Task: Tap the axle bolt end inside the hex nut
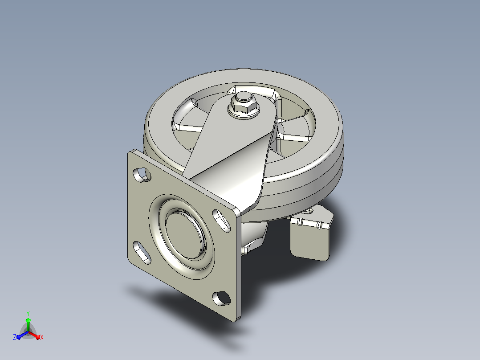(x=242, y=96)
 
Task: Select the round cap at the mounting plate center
(x=185, y=234)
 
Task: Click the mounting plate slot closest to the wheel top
(x=142, y=175)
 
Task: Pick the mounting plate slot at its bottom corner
(x=221, y=298)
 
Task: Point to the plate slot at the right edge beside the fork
(x=221, y=220)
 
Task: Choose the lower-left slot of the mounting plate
(x=142, y=253)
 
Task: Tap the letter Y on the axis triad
(x=28, y=313)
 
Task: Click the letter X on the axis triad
(x=42, y=337)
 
